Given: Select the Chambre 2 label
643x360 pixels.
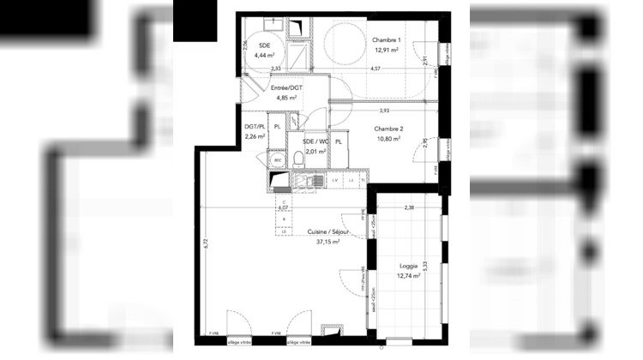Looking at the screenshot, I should point(388,128).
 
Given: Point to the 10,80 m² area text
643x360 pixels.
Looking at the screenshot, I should point(388,138).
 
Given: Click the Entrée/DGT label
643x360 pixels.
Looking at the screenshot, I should point(285,87).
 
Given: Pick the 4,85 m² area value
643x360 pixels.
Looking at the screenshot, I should point(285,98).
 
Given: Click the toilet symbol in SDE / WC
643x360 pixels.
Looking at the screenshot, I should point(297,157).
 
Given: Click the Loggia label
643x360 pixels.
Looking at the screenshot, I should point(409,267).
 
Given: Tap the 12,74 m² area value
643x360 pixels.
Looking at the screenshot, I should point(409,277).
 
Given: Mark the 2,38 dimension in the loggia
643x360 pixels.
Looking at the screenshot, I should point(409,208).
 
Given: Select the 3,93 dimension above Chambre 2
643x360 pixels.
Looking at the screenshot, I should point(384,110).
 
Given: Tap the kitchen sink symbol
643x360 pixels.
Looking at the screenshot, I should point(305,181).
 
